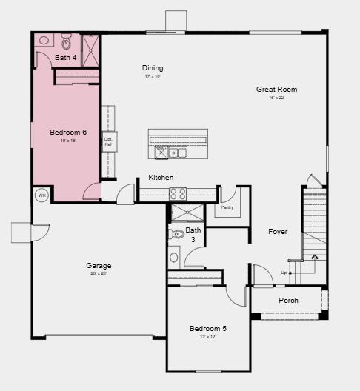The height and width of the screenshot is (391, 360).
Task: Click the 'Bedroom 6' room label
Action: tap(68, 133)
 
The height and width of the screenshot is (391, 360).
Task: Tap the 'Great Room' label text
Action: tap(271, 90)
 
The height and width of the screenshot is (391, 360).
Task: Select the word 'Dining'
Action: tap(153, 68)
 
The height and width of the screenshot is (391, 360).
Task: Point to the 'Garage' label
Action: tap(99, 266)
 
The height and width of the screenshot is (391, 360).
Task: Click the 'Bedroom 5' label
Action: tap(207, 329)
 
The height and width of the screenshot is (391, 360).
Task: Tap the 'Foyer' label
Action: tap(278, 232)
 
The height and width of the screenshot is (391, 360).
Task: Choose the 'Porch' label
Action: tap(288, 301)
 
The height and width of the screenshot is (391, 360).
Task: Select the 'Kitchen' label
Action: tap(161, 178)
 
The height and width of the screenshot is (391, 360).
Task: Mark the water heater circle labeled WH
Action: tap(41, 195)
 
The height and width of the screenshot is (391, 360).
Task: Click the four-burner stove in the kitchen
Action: tap(179, 194)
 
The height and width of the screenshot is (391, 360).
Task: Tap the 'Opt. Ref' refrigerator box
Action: tap(108, 141)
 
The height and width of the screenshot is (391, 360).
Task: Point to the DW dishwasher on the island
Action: tap(161, 149)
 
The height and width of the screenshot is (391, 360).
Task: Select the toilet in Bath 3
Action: tap(177, 234)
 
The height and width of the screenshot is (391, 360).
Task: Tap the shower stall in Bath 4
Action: tap(90, 49)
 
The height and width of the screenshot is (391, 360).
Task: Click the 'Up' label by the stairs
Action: tap(284, 273)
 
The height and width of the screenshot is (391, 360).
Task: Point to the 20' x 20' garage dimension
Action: tap(99, 274)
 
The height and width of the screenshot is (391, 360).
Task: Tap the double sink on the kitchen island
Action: tap(178, 153)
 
